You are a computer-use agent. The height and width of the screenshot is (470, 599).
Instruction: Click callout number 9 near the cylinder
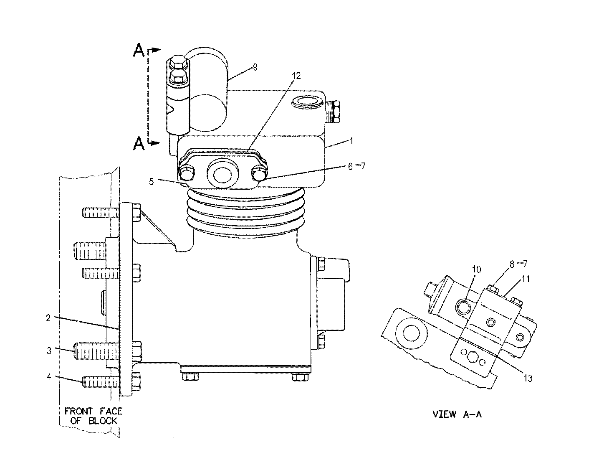255,67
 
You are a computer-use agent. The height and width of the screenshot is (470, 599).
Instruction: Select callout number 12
296,76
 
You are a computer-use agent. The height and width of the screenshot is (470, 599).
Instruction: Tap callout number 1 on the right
351,141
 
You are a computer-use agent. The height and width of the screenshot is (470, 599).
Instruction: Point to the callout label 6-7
356,166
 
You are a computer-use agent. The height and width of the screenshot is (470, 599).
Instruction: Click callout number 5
152,181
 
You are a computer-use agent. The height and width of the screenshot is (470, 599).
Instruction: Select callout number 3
49,351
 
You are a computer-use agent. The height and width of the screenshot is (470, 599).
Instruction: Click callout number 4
49,376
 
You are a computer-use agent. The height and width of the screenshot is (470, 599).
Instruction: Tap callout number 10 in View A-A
477,270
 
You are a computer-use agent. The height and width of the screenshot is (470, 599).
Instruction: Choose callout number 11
526,279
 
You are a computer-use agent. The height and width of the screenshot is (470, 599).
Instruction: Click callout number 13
528,378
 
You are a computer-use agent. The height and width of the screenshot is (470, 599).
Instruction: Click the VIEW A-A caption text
457,414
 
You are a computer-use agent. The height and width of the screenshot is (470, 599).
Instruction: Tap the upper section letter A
139,51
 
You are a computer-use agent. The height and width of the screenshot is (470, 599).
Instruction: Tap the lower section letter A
139,144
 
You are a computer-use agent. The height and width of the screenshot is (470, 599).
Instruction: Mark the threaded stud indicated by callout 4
100,381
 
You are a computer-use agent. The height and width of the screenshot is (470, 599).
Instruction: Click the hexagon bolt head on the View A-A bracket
472,357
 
